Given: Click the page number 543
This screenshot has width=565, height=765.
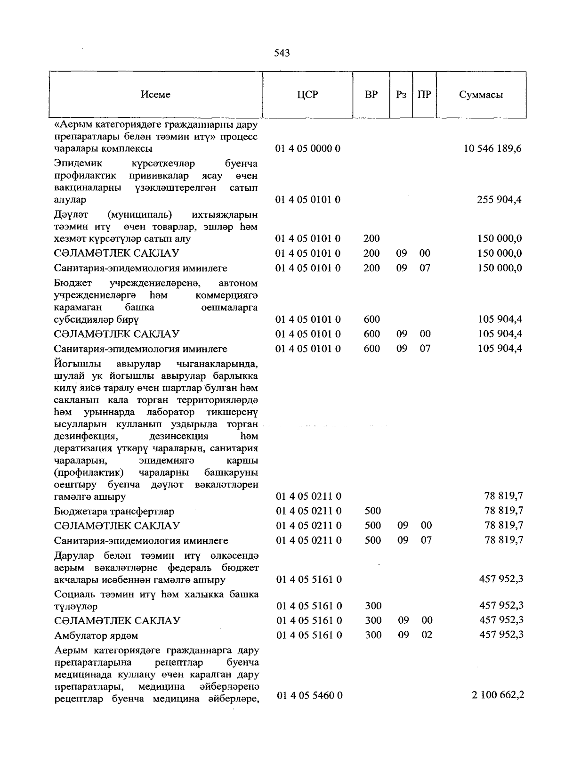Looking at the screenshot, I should (282, 53).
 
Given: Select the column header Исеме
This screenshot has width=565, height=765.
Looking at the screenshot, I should (155, 95).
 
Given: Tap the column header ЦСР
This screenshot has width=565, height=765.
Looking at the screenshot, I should (307, 95).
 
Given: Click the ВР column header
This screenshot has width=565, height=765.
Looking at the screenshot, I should (371, 95).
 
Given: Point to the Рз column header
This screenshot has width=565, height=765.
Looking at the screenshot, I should (401, 95).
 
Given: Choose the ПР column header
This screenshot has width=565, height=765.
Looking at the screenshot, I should (424, 95).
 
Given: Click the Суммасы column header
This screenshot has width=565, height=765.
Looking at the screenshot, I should (481, 95).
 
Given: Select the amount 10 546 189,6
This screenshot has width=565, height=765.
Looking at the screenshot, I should (492, 149).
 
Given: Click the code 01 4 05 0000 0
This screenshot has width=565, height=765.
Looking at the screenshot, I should (308, 149).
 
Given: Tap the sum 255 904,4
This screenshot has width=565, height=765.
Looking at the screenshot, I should (500, 200).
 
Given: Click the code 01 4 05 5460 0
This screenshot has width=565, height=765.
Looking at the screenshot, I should (309, 696).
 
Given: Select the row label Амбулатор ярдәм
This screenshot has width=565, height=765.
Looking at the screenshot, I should (96, 636).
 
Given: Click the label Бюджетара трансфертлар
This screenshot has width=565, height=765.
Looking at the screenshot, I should (114, 512).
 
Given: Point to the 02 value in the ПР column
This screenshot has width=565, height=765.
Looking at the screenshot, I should (427, 635).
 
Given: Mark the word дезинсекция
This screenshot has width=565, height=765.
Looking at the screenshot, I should (178, 437).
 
